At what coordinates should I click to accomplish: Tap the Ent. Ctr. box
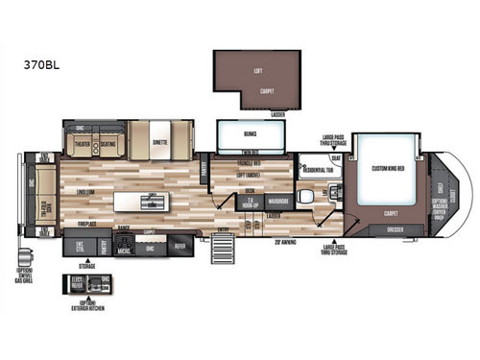pyautogui.click(x=82, y=248)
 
